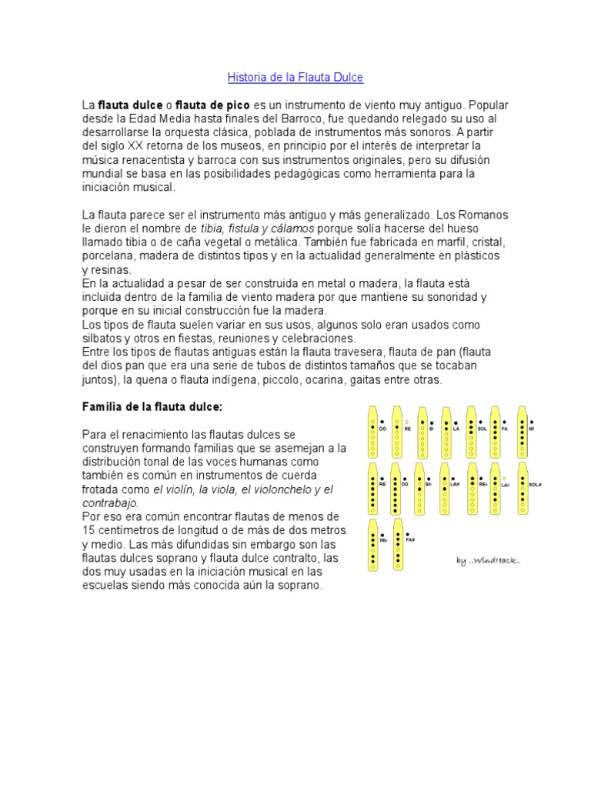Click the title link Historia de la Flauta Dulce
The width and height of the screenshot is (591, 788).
click(295, 78)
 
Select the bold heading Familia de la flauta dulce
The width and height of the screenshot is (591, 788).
click(152, 406)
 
